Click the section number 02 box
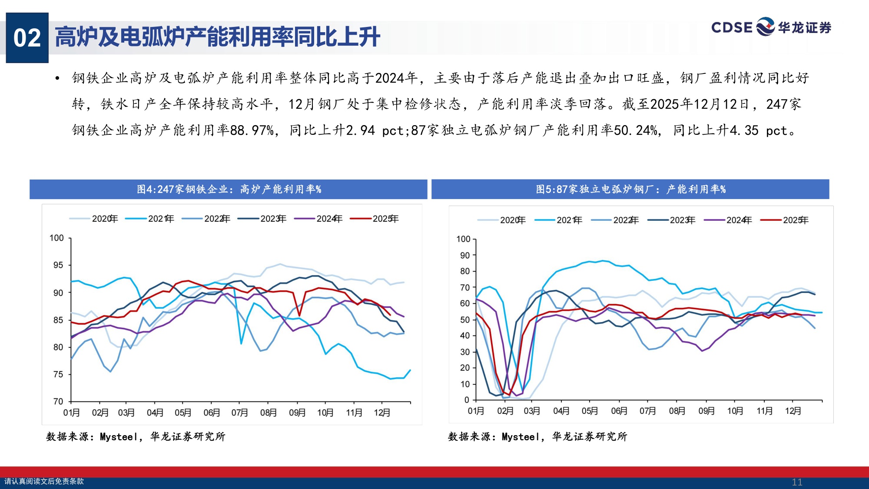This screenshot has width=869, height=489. click(x=27, y=38)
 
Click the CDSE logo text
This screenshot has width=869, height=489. click(x=731, y=27)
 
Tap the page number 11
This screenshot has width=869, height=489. click(x=797, y=482)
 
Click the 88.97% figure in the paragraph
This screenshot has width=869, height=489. click(x=252, y=130)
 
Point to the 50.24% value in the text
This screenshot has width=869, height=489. click(x=636, y=130)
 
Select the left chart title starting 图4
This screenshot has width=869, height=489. click(x=229, y=190)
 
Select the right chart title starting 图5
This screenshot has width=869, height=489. click(x=630, y=190)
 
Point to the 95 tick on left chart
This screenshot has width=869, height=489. click(x=58, y=265)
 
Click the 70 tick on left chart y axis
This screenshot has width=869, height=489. click(x=58, y=401)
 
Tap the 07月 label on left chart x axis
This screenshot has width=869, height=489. click(x=239, y=412)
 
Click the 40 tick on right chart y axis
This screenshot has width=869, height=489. click(x=464, y=336)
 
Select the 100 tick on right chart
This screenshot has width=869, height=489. click(x=463, y=239)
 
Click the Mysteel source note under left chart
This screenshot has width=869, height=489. click(x=136, y=436)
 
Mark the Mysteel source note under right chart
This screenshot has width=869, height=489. click(x=537, y=436)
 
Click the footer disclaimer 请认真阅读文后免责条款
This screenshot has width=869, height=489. click(x=44, y=481)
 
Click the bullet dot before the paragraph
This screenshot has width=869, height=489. click(x=57, y=79)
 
